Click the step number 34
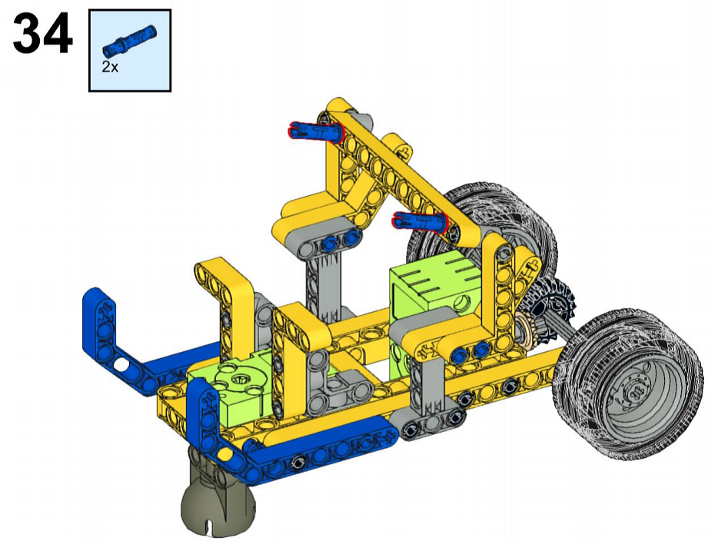42,33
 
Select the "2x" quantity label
110,68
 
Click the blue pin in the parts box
129,41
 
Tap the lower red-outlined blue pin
420,221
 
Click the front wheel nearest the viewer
627,383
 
